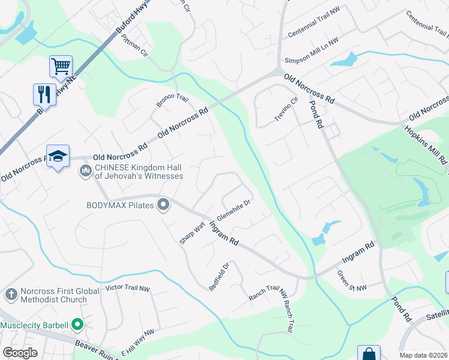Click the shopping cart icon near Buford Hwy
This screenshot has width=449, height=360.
click(x=61, y=66)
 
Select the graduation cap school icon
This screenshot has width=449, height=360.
click(x=58, y=156)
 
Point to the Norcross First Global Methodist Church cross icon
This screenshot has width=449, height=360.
click(x=10, y=295)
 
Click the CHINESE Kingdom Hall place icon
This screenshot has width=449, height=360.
click(x=85, y=172)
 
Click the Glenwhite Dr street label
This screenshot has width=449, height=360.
click(x=233, y=210)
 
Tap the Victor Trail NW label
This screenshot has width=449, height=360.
click(x=127, y=288)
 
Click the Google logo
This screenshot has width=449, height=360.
click(x=20, y=353)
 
